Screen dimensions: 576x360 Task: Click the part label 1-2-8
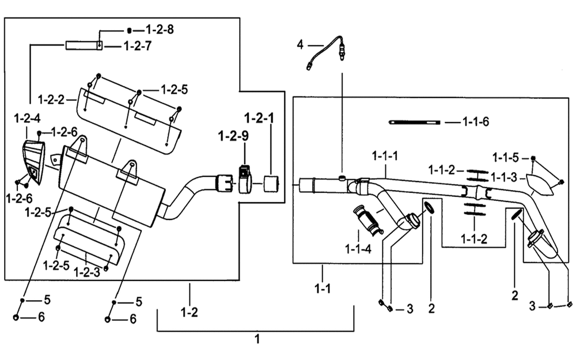[x=160, y=29]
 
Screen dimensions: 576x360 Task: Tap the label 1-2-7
[x=138, y=46]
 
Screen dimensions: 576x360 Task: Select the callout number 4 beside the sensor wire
[x=301, y=45]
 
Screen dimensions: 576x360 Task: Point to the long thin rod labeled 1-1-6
[x=414, y=122]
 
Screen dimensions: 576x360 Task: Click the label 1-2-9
[x=233, y=137]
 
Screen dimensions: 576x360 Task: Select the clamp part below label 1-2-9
[x=245, y=179]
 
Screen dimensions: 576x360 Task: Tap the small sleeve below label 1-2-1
[x=271, y=184]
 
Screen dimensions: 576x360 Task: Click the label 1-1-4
[x=358, y=249]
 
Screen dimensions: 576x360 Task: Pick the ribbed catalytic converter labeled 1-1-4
[x=367, y=221]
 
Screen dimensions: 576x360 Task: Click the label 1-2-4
[x=27, y=119]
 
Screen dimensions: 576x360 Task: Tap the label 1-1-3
[x=503, y=178]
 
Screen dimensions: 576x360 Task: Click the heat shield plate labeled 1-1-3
[x=539, y=184]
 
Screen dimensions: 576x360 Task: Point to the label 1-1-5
[x=506, y=158]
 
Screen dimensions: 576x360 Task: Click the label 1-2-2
[x=51, y=99]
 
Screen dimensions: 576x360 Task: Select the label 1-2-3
[x=87, y=272]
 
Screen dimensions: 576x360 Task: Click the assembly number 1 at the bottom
[x=257, y=339]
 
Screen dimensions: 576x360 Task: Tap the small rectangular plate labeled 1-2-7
[x=84, y=46]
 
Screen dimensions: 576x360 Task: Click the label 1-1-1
[x=385, y=156]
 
